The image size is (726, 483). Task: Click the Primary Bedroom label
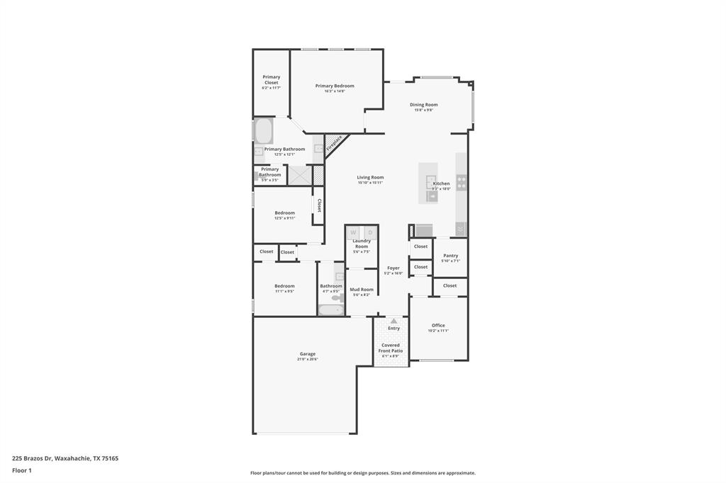[335, 86]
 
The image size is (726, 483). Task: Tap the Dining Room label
[424, 105]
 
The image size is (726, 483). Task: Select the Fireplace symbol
[334, 143]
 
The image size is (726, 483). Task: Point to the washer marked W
[353, 232]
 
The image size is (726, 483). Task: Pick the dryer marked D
[369, 232]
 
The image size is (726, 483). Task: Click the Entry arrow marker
[393, 321]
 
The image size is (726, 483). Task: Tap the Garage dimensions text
[308, 359]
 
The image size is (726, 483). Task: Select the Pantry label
[450, 256]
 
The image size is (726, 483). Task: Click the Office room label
[438, 325]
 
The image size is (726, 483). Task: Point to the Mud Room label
[362, 289]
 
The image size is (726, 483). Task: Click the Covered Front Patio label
[391, 348]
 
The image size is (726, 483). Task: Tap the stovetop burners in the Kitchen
[462, 183]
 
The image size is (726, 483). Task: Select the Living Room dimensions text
[370, 183]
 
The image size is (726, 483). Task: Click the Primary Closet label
[272, 79]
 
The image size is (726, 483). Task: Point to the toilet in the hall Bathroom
[337, 297]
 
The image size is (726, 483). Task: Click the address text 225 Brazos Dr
[65, 458]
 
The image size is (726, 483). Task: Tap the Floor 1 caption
[22, 470]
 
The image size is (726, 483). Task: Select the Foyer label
[393, 268]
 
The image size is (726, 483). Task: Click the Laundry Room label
[362, 244]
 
